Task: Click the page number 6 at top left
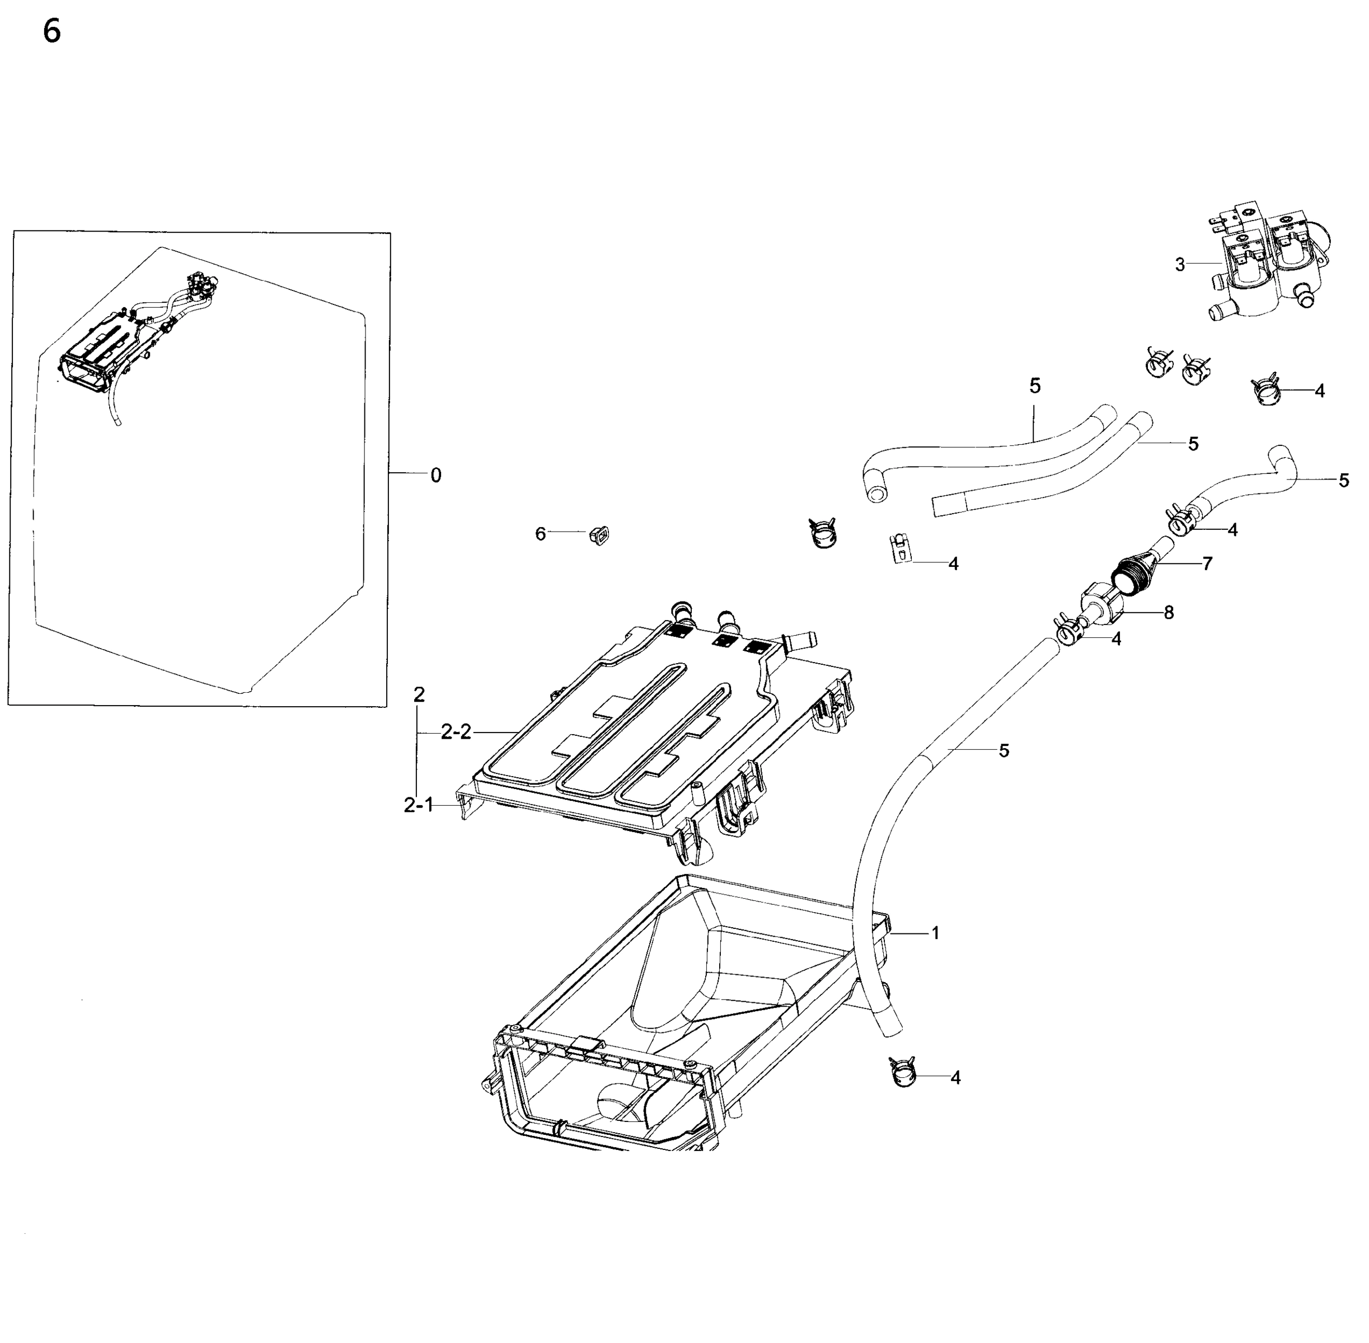coord(51,32)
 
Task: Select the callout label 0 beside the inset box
coord(436,476)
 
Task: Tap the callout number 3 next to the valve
coord(1180,265)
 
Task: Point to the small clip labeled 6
coord(599,536)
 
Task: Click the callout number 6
coord(540,534)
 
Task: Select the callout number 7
coord(1207,564)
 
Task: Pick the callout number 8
coord(1169,613)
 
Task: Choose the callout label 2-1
coord(418,805)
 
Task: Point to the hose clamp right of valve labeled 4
coord(1268,390)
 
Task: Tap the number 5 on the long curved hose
coord(1004,751)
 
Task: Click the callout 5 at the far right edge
coord(1344,480)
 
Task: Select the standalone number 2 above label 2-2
coord(419,695)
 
